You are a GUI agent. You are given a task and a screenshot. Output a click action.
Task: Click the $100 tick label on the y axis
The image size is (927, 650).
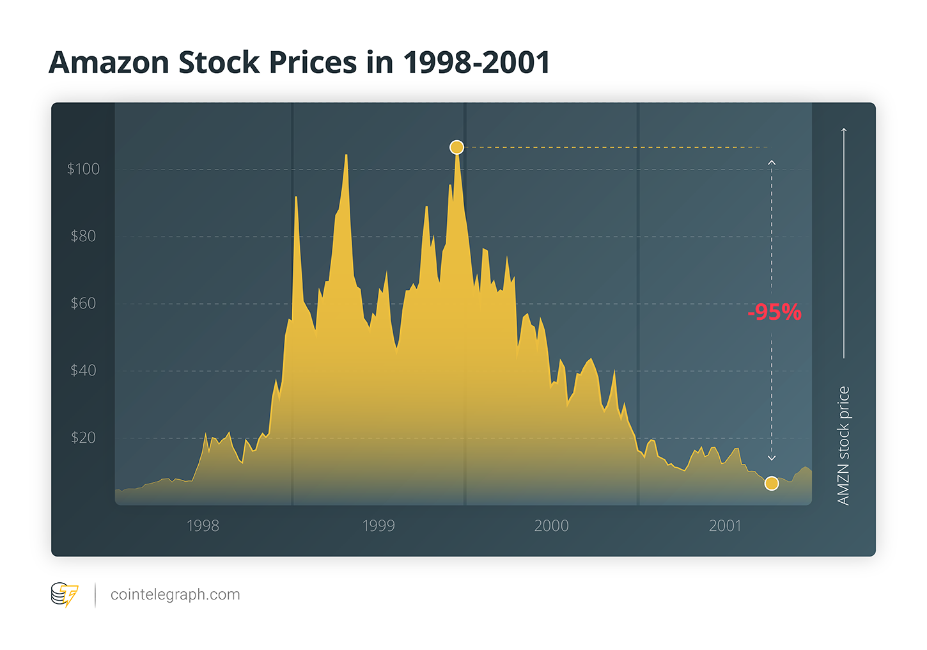coord(83,169)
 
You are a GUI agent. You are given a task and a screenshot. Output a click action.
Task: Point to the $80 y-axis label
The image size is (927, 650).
coord(83,236)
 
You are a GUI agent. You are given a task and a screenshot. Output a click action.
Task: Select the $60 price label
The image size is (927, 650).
coord(83,303)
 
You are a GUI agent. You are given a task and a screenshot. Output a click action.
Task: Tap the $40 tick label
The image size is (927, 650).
coord(83,370)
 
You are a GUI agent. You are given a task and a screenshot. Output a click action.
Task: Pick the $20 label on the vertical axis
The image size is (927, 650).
coord(83,438)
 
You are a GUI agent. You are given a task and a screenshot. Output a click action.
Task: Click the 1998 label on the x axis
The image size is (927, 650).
coord(203,526)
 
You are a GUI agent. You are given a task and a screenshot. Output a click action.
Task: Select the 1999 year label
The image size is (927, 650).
coord(378,526)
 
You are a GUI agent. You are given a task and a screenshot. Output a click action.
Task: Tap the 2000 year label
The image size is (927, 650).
coord(551,526)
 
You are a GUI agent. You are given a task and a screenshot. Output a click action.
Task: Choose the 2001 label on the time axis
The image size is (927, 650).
coord(725,526)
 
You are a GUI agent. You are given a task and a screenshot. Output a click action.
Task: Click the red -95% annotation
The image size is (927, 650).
coord(774,312)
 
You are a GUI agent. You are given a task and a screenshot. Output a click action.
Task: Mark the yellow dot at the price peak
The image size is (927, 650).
coord(456,148)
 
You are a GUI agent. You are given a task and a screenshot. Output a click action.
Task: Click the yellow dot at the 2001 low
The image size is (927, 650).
coord(772,484)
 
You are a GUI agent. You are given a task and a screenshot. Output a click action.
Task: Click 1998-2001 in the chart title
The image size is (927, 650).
coord(476,63)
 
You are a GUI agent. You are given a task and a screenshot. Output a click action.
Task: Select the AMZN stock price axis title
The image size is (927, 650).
coord(843,445)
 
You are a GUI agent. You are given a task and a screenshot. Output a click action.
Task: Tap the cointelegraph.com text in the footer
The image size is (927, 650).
coord(175,594)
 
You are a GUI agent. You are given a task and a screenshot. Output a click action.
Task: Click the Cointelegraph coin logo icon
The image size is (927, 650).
coord(64,594)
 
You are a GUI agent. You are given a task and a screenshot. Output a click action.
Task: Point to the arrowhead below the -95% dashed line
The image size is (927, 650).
coord(772,458)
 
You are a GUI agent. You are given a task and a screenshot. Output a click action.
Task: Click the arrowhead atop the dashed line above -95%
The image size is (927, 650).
coord(772,162)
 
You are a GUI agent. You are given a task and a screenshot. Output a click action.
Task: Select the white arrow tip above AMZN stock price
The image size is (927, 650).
coord(844,131)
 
